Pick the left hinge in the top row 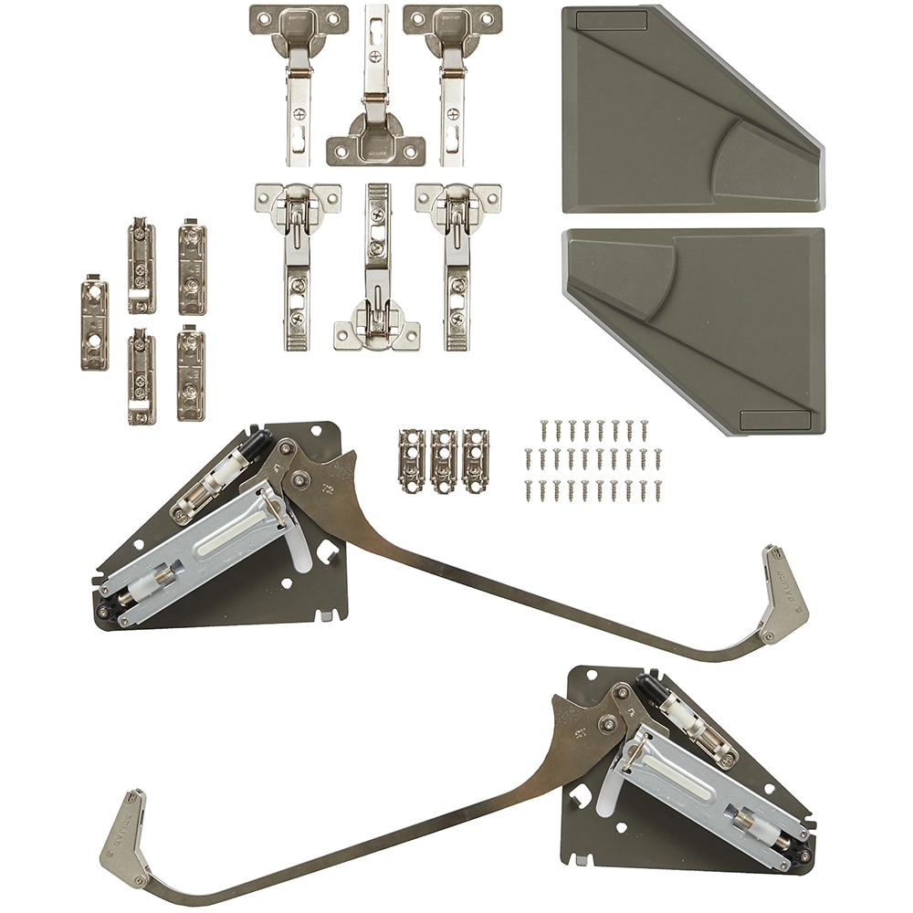tap(299, 82)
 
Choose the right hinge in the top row tap(452, 82)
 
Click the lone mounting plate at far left tap(94, 323)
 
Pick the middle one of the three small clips tap(444, 460)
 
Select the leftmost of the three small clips tap(412, 460)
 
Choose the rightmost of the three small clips tap(475, 460)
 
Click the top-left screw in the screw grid tap(543, 427)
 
